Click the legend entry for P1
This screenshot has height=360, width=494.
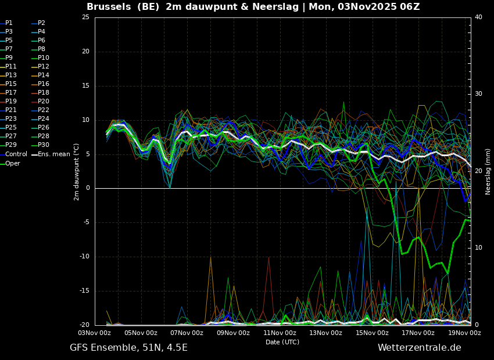click(9, 23)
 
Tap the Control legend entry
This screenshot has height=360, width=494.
click(16, 154)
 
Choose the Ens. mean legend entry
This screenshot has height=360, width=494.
click(53, 154)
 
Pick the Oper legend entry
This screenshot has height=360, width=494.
click(13, 163)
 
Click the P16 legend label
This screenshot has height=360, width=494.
click(44, 84)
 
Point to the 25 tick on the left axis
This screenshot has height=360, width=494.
click(85, 17)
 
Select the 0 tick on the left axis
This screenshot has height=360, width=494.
click(87, 188)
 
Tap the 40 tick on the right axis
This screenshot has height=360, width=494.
click(478, 17)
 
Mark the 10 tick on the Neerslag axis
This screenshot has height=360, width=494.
click(478, 248)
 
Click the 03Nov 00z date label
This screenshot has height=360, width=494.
click(95, 333)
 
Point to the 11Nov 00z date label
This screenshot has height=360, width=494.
click(280, 333)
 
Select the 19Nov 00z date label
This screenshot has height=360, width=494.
click(464, 333)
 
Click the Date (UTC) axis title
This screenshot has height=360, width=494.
click(282, 342)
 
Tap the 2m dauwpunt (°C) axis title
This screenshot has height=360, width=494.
click(76, 171)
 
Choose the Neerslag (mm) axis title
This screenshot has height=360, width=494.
click(488, 171)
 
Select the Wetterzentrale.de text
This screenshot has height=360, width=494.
click(419, 348)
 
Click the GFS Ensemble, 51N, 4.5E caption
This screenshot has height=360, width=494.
click(128, 348)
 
